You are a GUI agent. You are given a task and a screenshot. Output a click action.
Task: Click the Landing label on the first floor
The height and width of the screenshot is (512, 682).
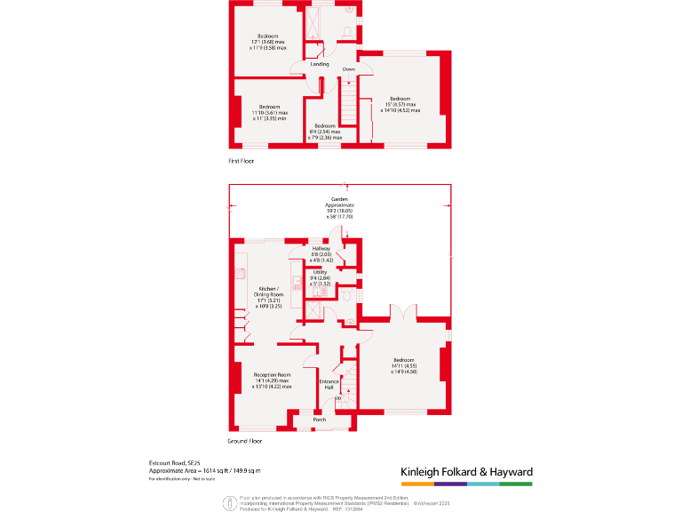[320, 64]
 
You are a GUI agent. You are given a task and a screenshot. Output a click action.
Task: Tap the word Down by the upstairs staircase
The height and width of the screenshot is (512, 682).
[349, 69]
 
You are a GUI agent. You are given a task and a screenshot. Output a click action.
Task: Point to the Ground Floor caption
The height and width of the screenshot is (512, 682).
[245, 441]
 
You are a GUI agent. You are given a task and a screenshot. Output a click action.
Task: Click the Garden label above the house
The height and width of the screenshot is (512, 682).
[338, 200]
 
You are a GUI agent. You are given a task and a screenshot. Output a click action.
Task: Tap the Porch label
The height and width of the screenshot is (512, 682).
[320, 420]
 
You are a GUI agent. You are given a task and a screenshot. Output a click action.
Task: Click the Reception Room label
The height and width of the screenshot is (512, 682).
[272, 375]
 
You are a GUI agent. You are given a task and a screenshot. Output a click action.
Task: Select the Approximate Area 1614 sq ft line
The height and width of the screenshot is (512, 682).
[204, 470]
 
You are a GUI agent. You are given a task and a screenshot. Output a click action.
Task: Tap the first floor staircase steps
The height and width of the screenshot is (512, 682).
[349, 111]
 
